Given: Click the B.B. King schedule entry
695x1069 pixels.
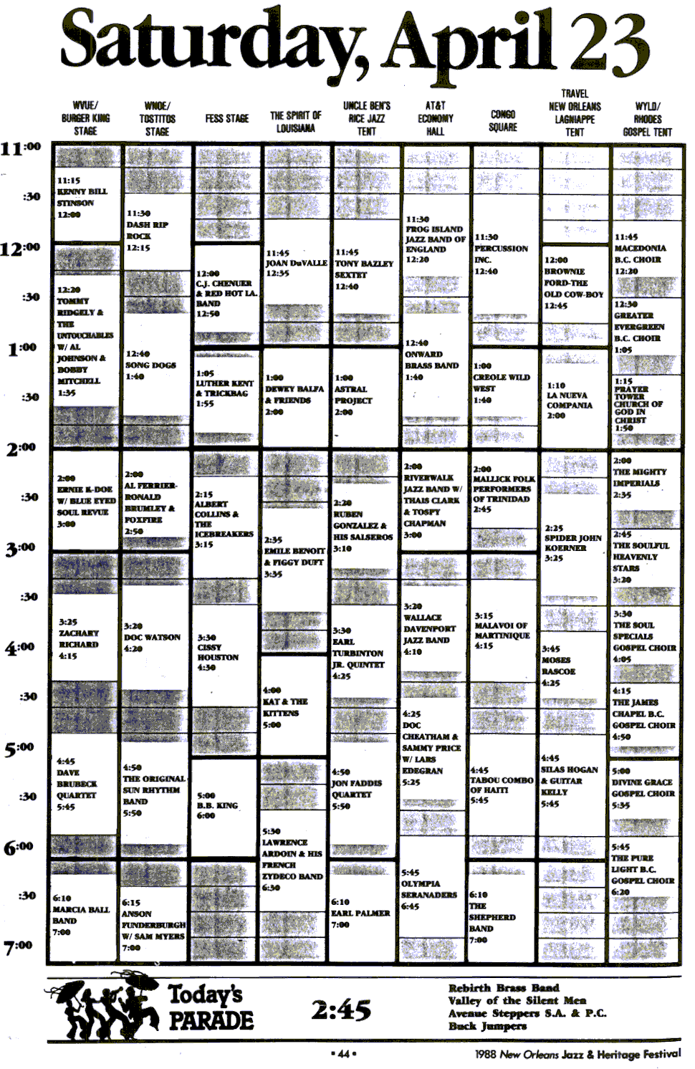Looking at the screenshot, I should point(217,805).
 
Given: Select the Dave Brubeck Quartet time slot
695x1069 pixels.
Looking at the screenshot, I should point(77,784).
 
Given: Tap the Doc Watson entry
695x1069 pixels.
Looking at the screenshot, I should point(152,637).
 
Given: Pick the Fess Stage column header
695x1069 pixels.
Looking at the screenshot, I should point(226,118).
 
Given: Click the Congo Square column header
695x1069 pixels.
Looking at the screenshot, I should point(503,120).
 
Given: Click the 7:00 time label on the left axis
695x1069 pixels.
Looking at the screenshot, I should point(19,947).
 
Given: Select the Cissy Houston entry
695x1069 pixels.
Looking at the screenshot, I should point(218,652).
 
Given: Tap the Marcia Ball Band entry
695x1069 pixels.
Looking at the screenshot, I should point(81,914).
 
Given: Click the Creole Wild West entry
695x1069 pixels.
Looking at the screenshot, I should point(501,383).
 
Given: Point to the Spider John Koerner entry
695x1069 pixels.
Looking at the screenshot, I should point(572,542).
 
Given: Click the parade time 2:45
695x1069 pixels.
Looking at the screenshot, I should point(341,1010).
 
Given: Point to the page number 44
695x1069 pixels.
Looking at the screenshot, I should point(343,1053).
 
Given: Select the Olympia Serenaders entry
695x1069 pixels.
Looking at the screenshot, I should point(428,889).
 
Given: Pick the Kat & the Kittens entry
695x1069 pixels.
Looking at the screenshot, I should point(285,707).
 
